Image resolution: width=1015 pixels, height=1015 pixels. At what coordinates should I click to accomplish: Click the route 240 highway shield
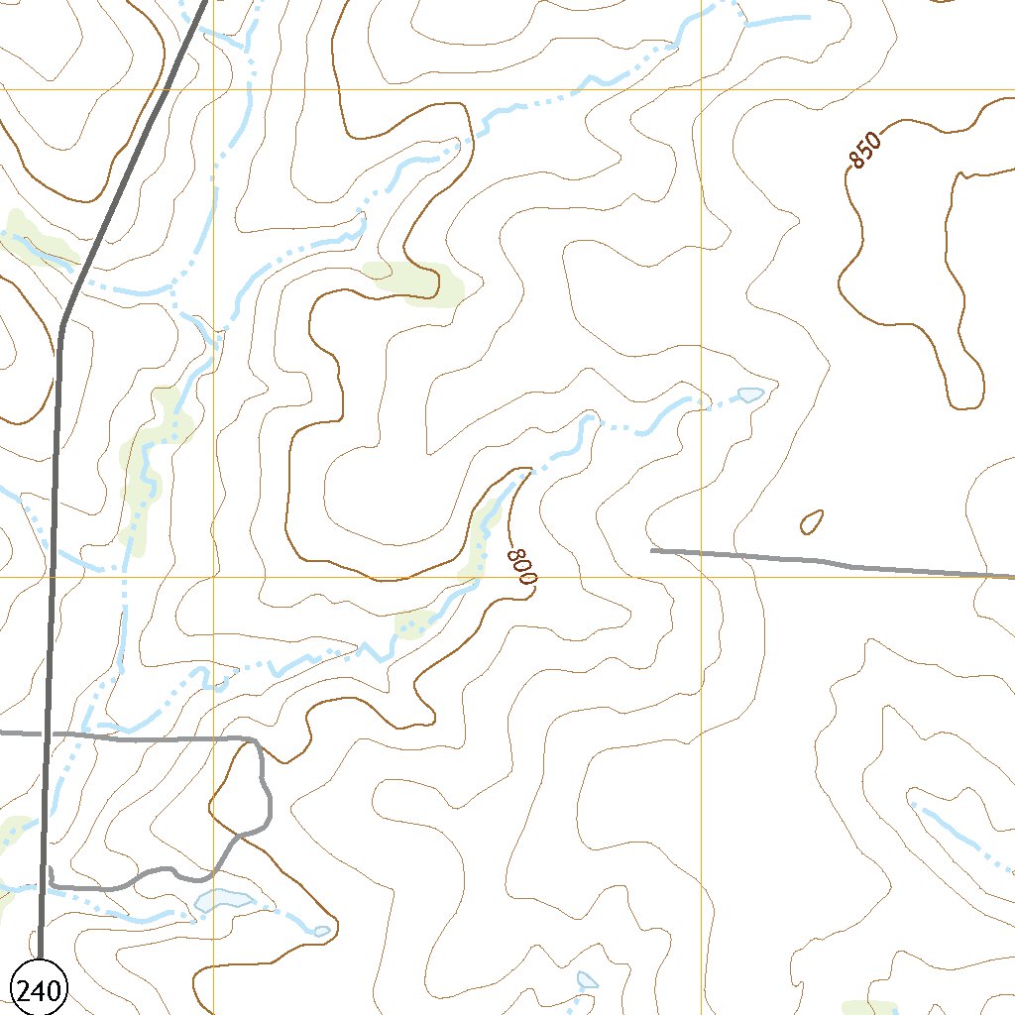(x=39, y=987)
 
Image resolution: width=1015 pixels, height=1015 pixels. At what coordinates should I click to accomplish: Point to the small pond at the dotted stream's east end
(x=750, y=395)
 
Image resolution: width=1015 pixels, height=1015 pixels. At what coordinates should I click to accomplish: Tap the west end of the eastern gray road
(x=652, y=549)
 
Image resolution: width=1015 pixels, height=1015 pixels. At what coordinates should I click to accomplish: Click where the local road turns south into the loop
(x=256, y=741)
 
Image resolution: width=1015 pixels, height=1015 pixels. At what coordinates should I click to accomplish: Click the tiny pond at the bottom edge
(x=587, y=980)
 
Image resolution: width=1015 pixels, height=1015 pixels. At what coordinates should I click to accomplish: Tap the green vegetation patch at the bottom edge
(x=869, y=1008)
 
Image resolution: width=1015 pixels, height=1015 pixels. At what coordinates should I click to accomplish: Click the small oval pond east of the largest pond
(x=321, y=931)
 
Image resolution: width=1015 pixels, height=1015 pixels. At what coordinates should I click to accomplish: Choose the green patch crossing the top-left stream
(x=35, y=238)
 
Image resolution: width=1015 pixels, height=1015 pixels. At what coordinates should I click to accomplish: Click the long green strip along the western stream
(x=149, y=466)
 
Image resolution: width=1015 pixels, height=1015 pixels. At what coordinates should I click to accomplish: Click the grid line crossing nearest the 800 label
(x=701, y=576)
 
